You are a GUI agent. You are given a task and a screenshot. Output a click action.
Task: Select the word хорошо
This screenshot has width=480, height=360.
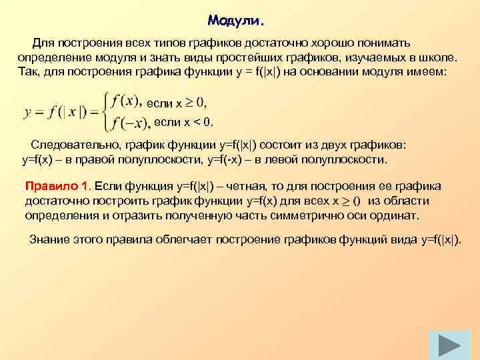pyautogui.click(x=347, y=43)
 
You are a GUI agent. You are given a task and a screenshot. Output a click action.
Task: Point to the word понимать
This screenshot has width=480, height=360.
pyautogui.click(x=407, y=43)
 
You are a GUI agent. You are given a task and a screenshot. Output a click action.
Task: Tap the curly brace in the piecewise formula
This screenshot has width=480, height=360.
pyautogui.click(x=105, y=111)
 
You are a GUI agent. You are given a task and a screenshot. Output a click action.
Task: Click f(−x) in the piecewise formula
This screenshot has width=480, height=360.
pyautogui.click(x=131, y=122)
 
